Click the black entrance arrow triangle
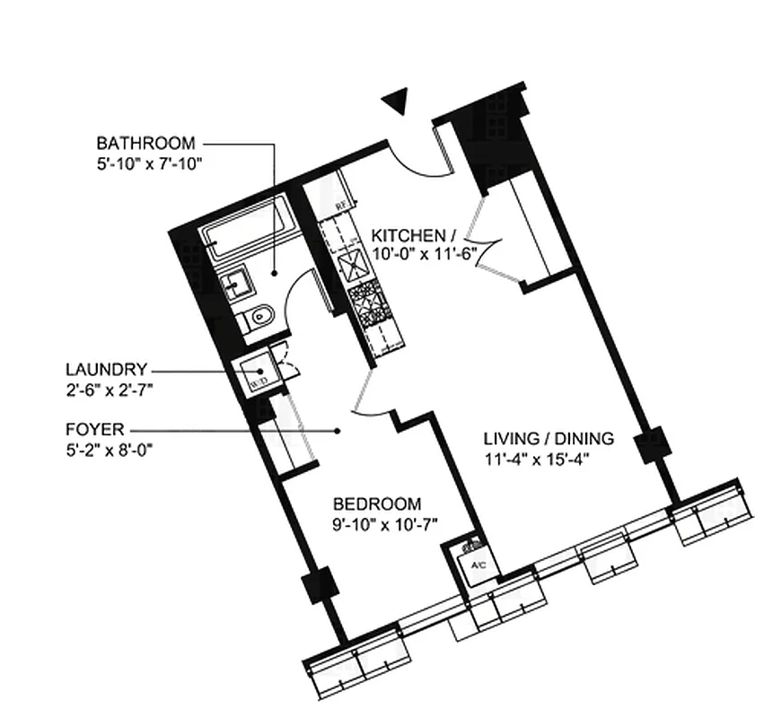pos(396,101)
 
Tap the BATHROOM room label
pos(145,143)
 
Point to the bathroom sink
pos(238,285)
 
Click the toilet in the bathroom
pos(259,316)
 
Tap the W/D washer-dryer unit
pos(256,373)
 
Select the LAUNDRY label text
pos(105,369)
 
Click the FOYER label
pos(93,429)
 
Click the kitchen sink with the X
pos(351,264)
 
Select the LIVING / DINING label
pos(548,439)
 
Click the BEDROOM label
pos(376,504)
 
